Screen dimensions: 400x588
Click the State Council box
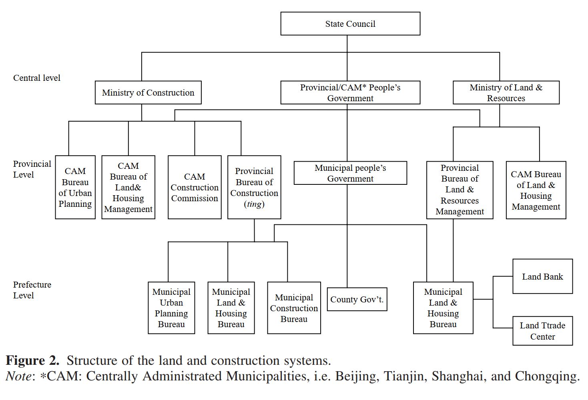(x=350, y=24)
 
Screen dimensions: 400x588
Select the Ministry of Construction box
(x=148, y=93)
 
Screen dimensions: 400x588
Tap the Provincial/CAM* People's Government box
(x=350, y=93)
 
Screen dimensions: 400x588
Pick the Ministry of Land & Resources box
(x=506, y=93)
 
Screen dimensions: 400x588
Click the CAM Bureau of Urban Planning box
(x=75, y=187)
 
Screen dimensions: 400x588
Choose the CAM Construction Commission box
(x=195, y=187)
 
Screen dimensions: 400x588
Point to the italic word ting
(x=254, y=204)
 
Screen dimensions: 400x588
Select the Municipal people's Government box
(x=350, y=173)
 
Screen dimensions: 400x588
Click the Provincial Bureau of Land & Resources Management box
(x=460, y=190)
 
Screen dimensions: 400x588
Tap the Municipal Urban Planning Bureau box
(x=171, y=308)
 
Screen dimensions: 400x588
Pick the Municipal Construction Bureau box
(x=294, y=308)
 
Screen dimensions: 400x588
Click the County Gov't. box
(x=357, y=299)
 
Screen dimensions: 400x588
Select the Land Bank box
(x=542, y=276)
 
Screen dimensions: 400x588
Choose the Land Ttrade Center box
(x=542, y=331)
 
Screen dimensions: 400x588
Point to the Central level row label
(x=37, y=78)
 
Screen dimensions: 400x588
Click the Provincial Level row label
(x=32, y=169)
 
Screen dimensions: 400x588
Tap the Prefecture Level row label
(x=32, y=290)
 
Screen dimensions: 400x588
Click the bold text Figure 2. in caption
(x=32, y=361)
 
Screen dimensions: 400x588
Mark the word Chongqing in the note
(x=547, y=376)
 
